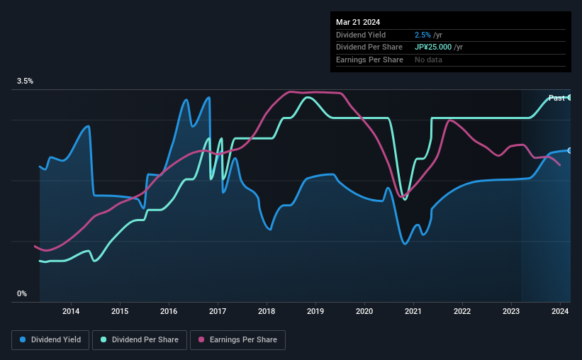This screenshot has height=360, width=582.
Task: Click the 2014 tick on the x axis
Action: pyautogui.click(x=70, y=311)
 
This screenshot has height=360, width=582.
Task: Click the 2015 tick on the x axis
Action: pyautogui.click(x=120, y=311)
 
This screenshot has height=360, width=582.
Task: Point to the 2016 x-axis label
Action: pyautogui.click(x=169, y=311)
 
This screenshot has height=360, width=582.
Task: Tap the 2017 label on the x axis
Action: pyautogui.click(x=218, y=311)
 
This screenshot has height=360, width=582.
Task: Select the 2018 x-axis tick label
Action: pyautogui.click(x=267, y=311)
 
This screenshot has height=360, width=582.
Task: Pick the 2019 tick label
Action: pyautogui.click(x=315, y=311)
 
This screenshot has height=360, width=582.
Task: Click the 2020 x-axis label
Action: pyautogui.click(x=364, y=311)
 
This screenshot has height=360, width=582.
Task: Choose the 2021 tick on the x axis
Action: pyautogui.click(x=413, y=311)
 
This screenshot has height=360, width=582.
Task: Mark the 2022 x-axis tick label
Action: pyautogui.click(x=462, y=311)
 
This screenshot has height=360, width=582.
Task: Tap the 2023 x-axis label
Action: pyautogui.click(x=512, y=311)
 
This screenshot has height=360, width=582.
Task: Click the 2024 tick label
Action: pyautogui.click(x=560, y=311)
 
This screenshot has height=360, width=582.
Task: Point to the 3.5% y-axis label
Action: pyautogui.click(x=25, y=81)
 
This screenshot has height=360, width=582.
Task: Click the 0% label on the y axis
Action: pyautogui.click(x=22, y=293)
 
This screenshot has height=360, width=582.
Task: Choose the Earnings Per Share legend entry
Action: pyautogui.click(x=237, y=340)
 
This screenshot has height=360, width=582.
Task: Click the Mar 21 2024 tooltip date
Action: pyautogui.click(x=357, y=22)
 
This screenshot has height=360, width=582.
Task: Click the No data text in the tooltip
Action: pyautogui.click(x=429, y=60)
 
